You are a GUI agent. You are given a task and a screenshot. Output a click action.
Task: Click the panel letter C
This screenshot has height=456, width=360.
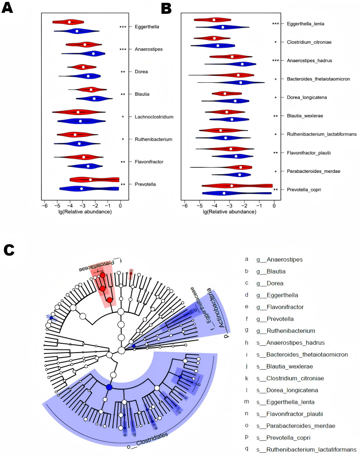pos(10,249)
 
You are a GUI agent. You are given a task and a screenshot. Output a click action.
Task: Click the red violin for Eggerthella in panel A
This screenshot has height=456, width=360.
pos(68,22)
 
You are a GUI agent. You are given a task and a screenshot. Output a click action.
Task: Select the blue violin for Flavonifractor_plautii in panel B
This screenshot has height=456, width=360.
pos(236,156)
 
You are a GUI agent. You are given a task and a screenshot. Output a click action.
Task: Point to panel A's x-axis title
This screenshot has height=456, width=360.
pos(80,212)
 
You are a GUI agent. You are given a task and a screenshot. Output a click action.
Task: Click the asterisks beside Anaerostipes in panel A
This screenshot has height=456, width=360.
pos(123,50)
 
